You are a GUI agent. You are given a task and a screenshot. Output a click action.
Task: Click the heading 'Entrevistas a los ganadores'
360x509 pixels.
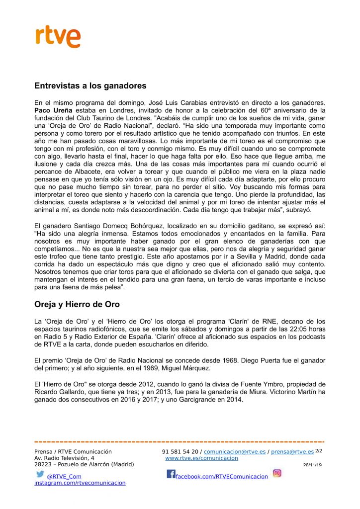(x=90, y=85)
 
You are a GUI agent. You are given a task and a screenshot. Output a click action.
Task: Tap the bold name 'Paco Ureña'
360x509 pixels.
(x=52, y=110)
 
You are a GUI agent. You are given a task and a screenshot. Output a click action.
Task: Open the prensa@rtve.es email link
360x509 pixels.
(x=292, y=452)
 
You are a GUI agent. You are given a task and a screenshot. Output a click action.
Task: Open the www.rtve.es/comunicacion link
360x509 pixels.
(x=201, y=458)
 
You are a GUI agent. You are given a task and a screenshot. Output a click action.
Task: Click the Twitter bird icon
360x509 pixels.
(x=40, y=474)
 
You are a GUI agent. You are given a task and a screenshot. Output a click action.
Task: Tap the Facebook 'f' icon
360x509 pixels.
(x=171, y=474)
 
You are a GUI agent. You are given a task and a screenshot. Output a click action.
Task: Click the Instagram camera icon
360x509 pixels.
(x=277, y=473)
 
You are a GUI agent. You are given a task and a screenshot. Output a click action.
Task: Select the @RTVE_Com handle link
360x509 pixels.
(x=64, y=476)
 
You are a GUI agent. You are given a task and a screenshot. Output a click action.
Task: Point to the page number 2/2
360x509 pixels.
(x=319, y=451)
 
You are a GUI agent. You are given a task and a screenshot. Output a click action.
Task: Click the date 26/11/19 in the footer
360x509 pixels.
(x=312, y=465)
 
